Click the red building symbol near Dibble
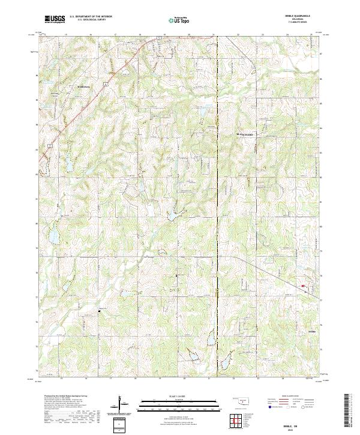303,286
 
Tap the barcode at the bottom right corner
349,413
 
